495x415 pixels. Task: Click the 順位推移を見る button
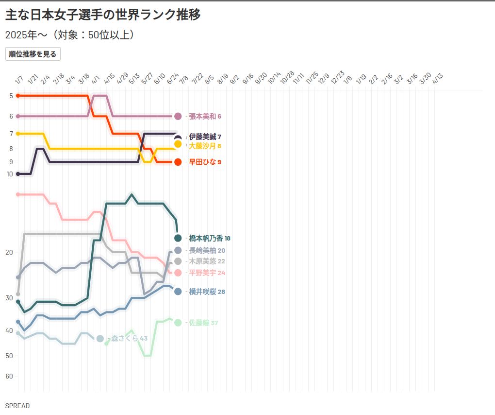[33, 54]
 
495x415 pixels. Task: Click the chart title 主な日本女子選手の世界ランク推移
[103, 15]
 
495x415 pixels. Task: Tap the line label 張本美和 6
[205, 116]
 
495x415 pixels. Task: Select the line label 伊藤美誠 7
[205, 137]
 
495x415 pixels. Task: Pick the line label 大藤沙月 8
[205, 146]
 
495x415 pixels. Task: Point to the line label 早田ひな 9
[205, 162]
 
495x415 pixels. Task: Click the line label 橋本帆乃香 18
[210, 238]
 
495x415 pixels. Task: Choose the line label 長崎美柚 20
[207, 250]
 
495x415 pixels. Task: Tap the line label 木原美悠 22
[207, 261]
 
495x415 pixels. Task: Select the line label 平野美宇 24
[207, 273]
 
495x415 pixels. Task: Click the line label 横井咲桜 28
[207, 292]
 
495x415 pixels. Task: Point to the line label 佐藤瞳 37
[203, 323]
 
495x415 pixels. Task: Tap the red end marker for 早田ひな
[178, 162]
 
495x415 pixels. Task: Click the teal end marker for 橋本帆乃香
[178, 238]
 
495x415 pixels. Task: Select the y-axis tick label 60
[10, 376]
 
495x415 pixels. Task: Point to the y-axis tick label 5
[11, 96]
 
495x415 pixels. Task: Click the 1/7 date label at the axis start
[19, 80]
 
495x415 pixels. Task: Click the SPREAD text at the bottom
[17, 406]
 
